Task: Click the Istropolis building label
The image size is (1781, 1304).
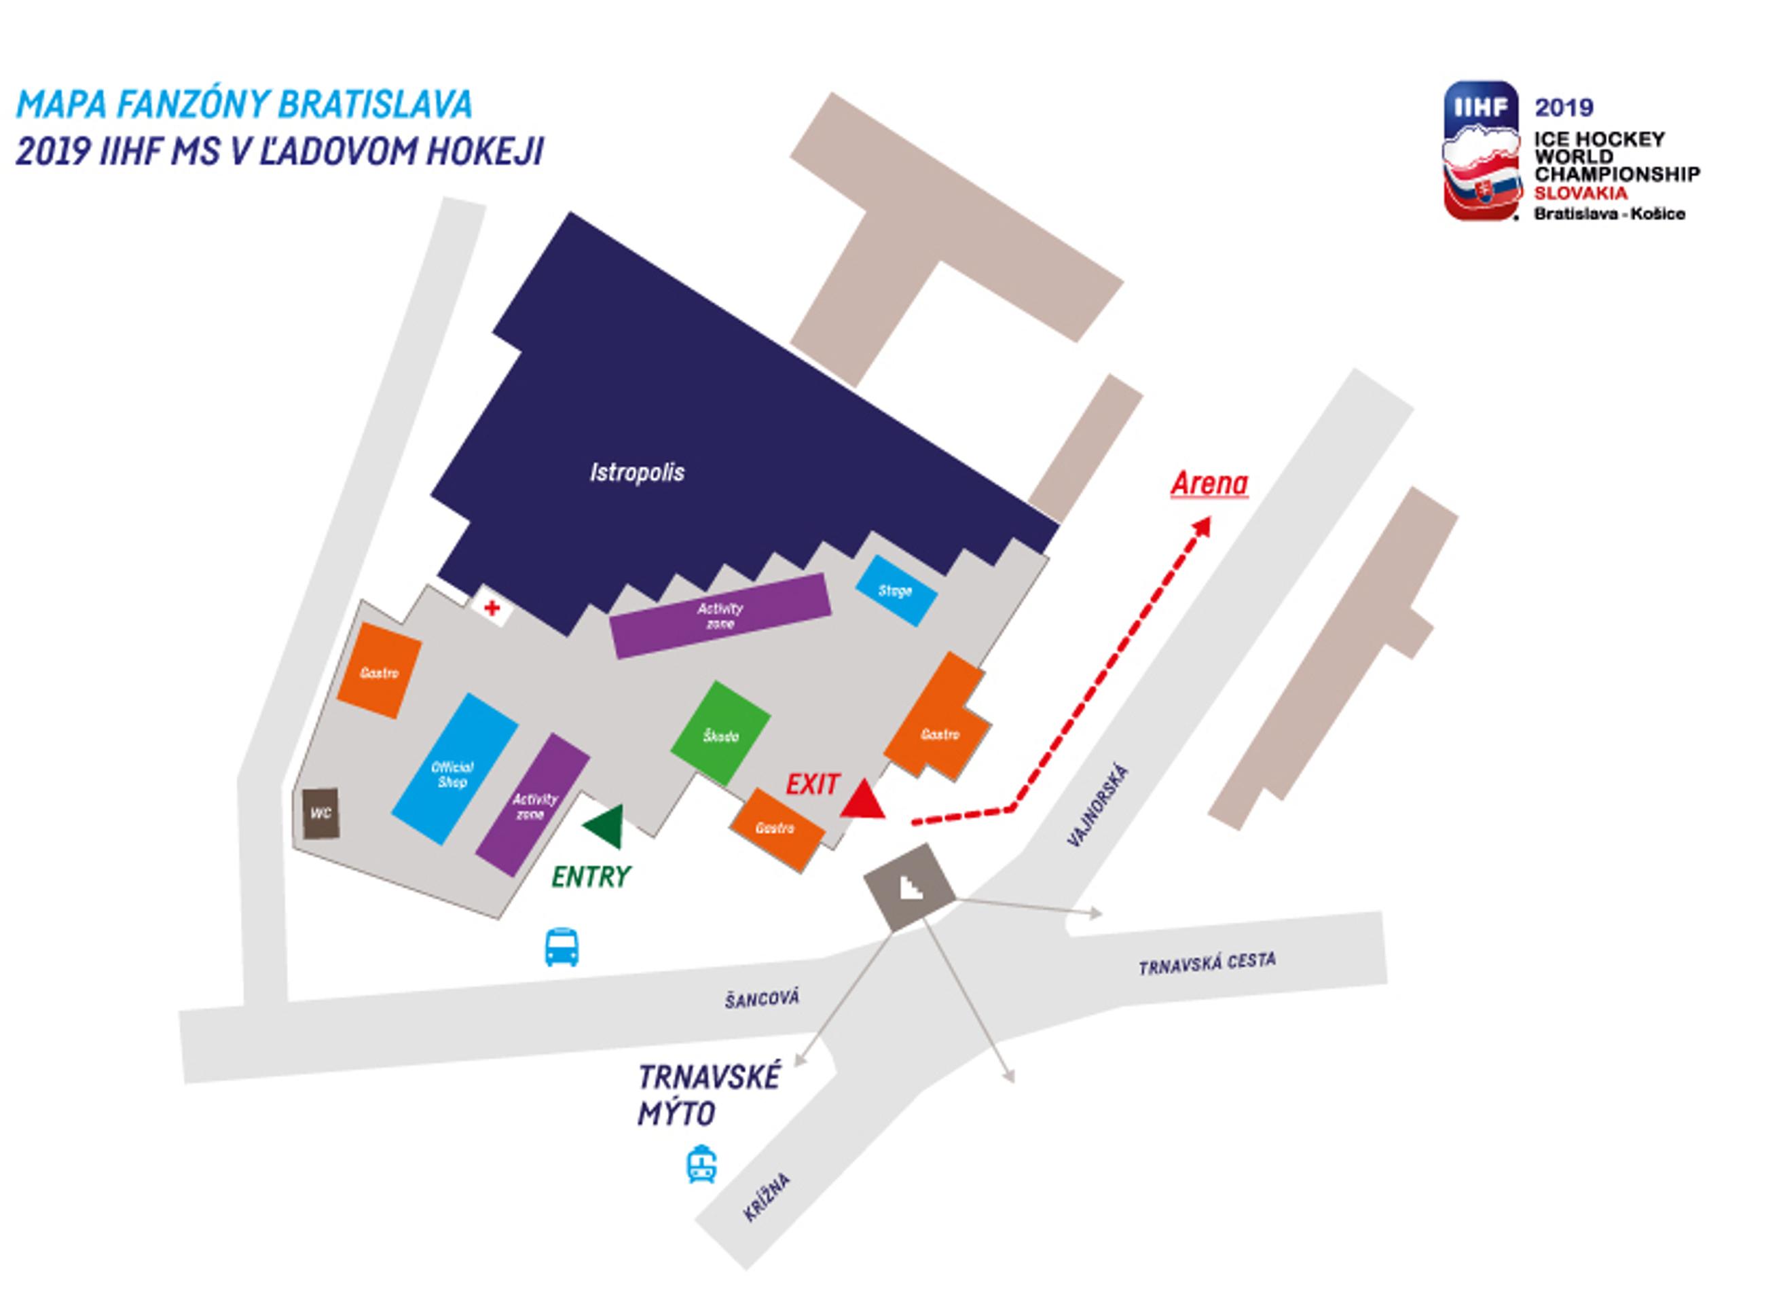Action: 637,473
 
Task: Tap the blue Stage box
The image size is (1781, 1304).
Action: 896,590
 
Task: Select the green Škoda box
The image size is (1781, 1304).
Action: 720,733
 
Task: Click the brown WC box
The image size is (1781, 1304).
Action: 321,814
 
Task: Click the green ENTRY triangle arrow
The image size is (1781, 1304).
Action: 604,827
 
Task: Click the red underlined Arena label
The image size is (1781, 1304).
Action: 1209,483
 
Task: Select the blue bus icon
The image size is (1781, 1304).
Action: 562,947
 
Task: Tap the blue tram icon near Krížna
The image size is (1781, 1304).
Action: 701,1164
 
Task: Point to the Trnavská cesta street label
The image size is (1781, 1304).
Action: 1207,964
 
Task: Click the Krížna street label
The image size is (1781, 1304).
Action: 766,1198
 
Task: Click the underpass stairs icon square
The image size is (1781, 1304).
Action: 910,886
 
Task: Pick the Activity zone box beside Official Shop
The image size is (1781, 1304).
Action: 532,805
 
